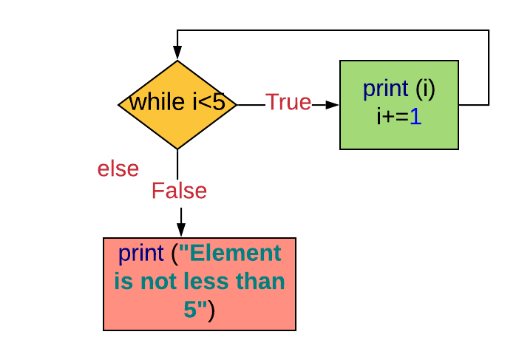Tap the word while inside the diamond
(x=157, y=102)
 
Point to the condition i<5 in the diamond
(x=209, y=102)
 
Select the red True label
(x=288, y=102)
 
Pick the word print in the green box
(x=385, y=89)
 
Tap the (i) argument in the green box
(x=425, y=89)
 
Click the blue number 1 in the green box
(x=415, y=116)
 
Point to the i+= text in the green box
(x=393, y=116)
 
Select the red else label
(x=118, y=169)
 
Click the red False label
(x=179, y=191)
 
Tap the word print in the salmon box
(x=140, y=254)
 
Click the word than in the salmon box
(x=260, y=282)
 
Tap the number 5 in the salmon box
(x=190, y=310)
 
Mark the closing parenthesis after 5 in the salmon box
(x=211, y=310)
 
